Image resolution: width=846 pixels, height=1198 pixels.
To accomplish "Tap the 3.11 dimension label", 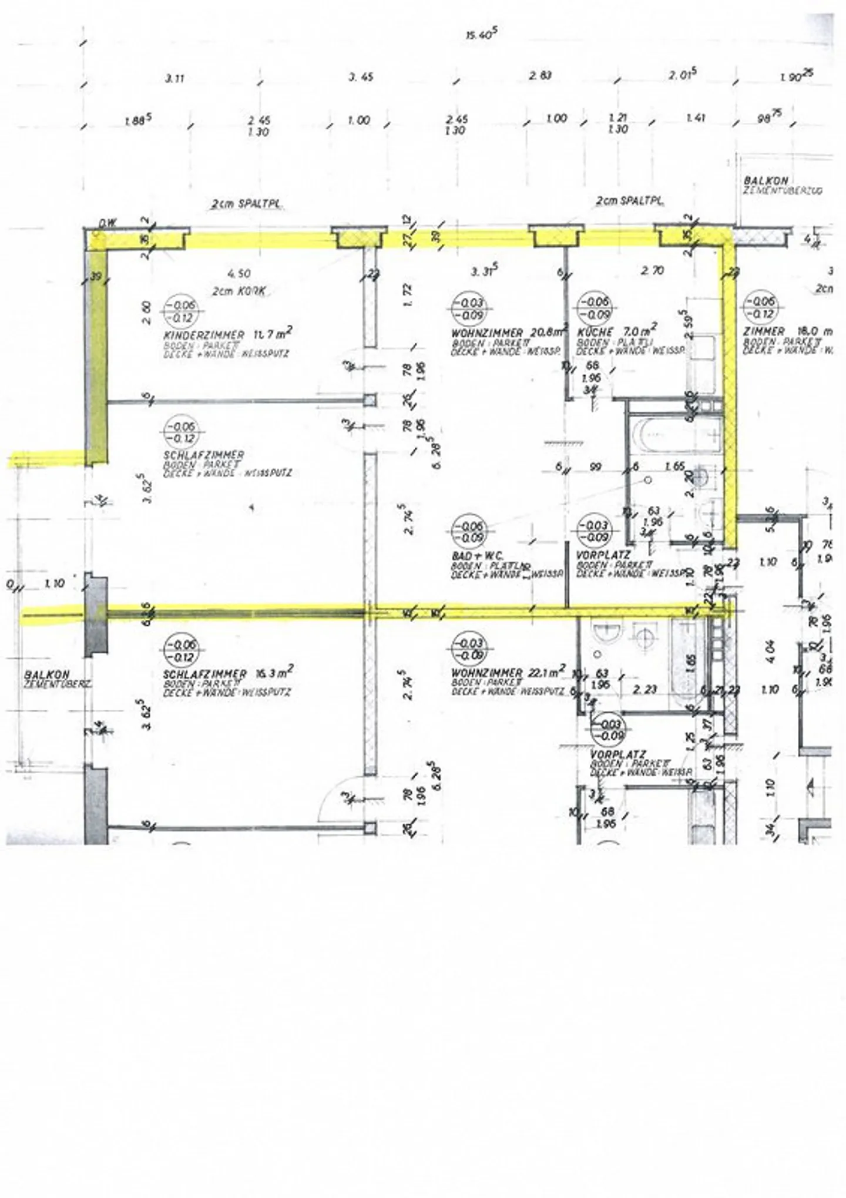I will (174, 78).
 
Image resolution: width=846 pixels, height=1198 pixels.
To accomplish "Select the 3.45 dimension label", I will (361, 77).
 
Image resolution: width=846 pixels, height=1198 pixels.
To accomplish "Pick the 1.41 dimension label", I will (695, 118).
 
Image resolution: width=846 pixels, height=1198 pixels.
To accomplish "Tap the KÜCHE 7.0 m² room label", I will (617, 330).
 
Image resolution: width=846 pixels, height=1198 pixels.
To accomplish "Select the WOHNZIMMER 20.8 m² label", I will (509, 332).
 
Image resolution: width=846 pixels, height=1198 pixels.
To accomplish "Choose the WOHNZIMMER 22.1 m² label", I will (508, 672).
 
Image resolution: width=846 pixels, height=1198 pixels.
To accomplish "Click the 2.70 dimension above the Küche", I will (652, 271).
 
